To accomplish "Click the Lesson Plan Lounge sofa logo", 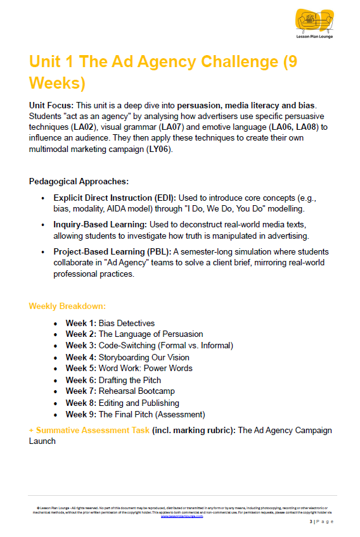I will click(x=315, y=22).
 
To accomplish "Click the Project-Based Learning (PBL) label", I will click(x=112, y=252).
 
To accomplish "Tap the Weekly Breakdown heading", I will click(x=67, y=306).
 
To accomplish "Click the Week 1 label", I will click(x=80, y=323).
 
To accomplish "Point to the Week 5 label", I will click(x=80, y=369).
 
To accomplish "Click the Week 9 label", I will click(x=80, y=415).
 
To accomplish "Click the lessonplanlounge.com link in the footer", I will click(x=182, y=516).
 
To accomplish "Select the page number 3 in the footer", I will click(x=311, y=522).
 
